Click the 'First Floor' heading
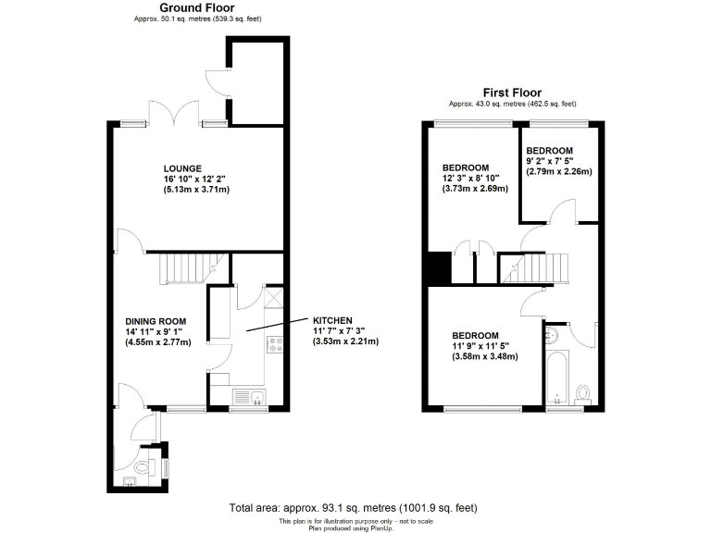point(512,93)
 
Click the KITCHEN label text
point(334,319)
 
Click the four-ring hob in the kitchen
point(275,345)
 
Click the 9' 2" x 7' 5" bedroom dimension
point(558,161)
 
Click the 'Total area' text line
point(355,508)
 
